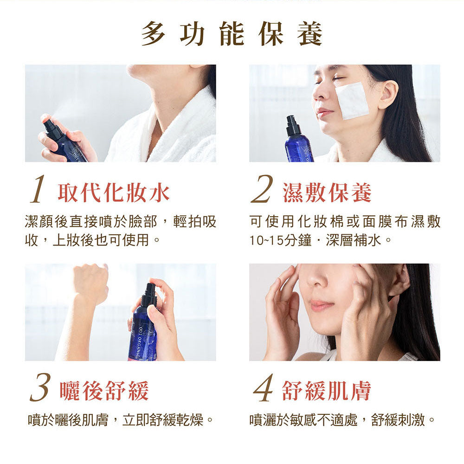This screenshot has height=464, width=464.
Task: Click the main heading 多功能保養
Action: tap(232, 34)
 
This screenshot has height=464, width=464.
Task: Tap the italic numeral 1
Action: tap(39, 189)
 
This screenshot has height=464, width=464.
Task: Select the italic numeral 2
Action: tap(262, 189)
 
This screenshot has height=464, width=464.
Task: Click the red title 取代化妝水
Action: tap(114, 193)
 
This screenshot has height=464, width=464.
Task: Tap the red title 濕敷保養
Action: tap(327, 193)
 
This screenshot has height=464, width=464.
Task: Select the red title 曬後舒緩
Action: tap(104, 391)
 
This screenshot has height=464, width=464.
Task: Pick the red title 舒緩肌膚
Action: tap(326, 391)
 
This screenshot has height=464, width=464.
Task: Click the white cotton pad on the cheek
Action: tap(352, 101)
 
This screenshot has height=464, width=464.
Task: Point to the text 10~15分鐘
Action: tap(281, 240)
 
